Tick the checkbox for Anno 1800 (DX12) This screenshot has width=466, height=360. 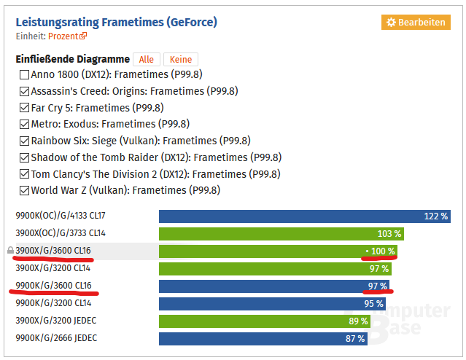pos(25,74)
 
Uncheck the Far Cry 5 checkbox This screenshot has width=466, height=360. pos(25,108)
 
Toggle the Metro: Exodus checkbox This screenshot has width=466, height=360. pos(25,125)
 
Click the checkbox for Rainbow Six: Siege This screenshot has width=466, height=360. pos(25,141)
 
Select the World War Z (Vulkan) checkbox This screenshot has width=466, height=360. pos(25,191)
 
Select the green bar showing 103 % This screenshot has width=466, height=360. pos(281,234)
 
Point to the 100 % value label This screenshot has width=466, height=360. pos(383,251)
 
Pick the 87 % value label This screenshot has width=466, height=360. pos(355,338)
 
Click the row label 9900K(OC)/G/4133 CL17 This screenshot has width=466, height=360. pos(61,216)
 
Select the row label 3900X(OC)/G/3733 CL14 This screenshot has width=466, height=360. pos(61,234)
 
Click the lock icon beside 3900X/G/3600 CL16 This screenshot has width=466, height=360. pos(10,251)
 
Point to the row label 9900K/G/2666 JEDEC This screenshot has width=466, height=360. pos(56,338)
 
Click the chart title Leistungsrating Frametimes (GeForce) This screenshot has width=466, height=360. pos(116,22)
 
